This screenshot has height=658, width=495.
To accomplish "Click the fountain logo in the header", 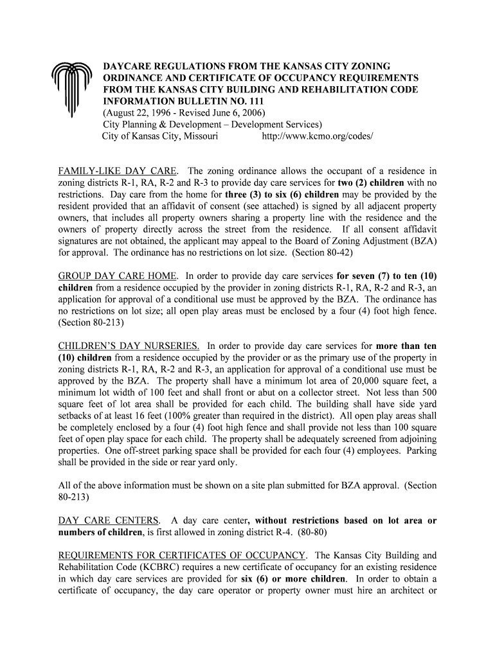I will [68, 90].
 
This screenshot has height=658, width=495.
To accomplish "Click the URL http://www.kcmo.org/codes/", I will [318, 137].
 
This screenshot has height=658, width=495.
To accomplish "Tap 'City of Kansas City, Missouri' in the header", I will [160, 137].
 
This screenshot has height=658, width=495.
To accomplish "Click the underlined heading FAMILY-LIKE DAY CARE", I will [118, 172].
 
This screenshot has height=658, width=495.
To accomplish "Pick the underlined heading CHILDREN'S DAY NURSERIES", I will [129, 346].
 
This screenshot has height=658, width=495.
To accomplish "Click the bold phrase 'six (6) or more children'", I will [293, 578].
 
